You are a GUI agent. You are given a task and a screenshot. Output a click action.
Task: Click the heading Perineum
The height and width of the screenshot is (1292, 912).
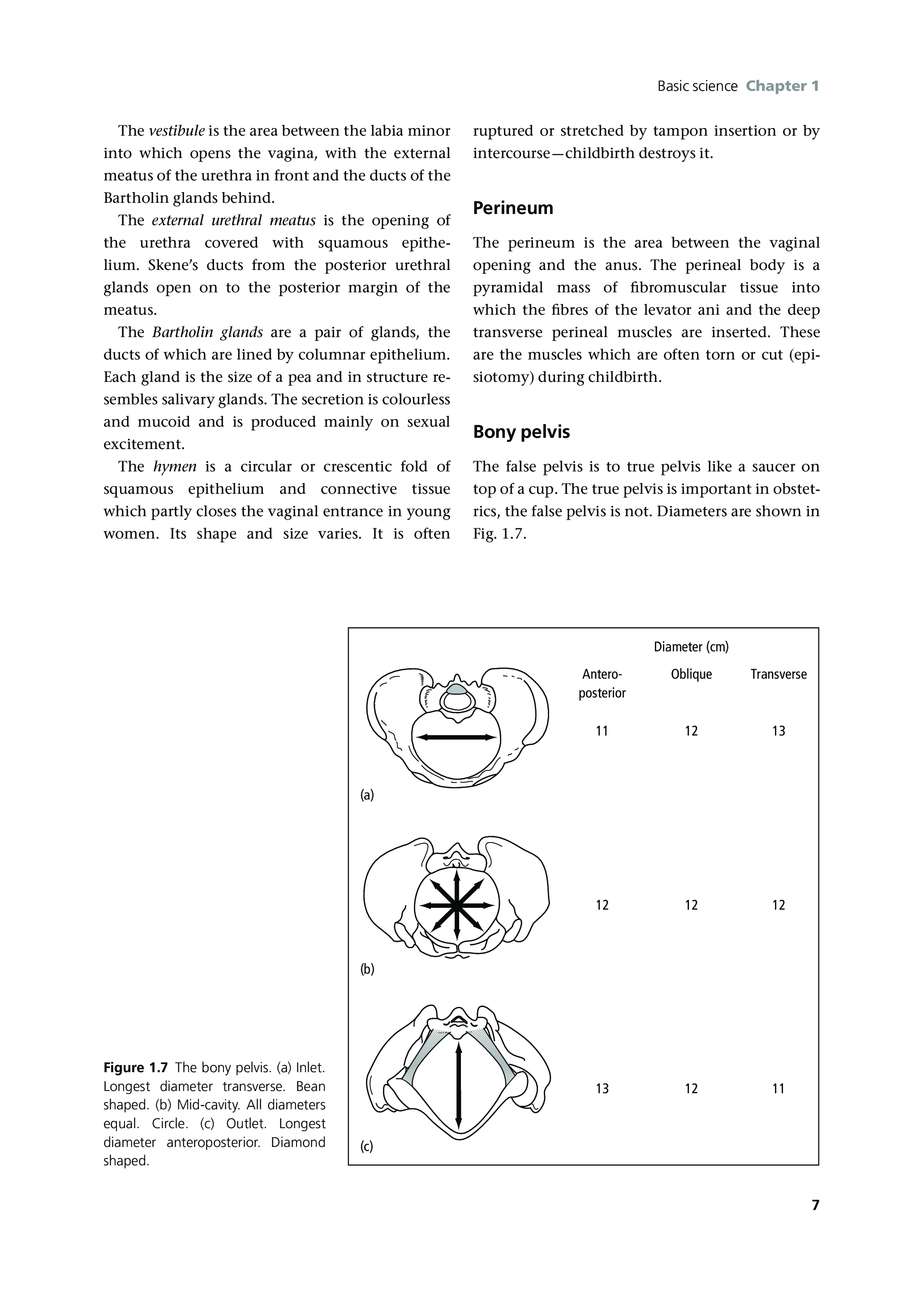pyautogui.click(x=513, y=208)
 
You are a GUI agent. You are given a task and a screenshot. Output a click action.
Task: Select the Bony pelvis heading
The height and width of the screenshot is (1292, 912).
pyautogui.click(x=521, y=432)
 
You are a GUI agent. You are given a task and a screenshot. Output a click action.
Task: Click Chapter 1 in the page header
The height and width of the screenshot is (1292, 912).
pyautogui.click(x=782, y=86)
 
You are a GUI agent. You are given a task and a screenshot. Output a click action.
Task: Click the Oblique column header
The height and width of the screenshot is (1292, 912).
pyautogui.click(x=691, y=674)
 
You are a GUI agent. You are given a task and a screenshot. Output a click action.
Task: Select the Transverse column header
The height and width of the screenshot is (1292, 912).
pyautogui.click(x=778, y=674)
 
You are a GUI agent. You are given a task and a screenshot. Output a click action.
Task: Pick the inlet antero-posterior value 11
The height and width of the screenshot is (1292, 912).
pyautogui.click(x=602, y=731)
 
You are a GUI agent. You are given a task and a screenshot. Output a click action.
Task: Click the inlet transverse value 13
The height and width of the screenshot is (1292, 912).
pyautogui.click(x=778, y=731)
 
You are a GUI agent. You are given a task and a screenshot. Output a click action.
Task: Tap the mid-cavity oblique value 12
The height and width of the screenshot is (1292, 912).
pyautogui.click(x=691, y=905)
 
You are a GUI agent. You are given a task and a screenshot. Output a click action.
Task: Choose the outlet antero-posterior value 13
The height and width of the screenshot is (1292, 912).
pyautogui.click(x=602, y=1089)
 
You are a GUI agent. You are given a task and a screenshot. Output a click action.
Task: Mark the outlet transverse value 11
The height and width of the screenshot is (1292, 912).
pyautogui.click(x=778, y=1089)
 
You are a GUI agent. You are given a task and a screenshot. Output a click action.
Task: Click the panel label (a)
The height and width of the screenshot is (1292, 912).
pyautogui.click(x=367, y=795)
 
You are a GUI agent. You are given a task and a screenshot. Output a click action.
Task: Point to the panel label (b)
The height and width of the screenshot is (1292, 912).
pyautogui.click(x=367, y=968)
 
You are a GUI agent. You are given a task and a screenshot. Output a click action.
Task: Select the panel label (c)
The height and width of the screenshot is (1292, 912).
pyautogui.click(x=367, y=1146)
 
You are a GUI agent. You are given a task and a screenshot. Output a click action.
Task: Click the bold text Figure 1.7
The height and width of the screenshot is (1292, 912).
pyautogui.click(x=136, y=1067)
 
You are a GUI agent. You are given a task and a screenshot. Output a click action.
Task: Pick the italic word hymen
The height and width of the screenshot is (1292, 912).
pyautogui.click(x=175, y=466)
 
